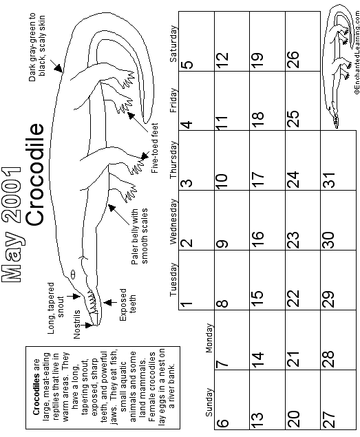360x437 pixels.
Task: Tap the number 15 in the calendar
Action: point(258,299)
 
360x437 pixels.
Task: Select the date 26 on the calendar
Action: point(294,60)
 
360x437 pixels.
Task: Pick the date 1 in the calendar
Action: point(187,303)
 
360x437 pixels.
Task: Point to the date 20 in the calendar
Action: point(294,418)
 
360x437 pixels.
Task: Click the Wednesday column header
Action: point(173,222)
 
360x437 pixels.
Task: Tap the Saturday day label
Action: point(173,44)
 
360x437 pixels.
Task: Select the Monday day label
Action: point(209,338)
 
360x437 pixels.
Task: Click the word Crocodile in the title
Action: point(35,175)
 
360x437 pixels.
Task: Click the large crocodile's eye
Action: point(73,275)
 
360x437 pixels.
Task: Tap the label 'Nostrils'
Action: point(76,324)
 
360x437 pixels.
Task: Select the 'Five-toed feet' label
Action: point(155,148)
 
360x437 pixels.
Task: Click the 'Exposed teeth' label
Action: point(128,304)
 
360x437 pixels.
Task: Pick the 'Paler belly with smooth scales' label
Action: point(139,236)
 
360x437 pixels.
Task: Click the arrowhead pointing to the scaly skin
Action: point(59,68)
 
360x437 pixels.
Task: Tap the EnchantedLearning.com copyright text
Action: point(357,52)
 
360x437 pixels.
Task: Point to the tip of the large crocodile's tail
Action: point(145,122)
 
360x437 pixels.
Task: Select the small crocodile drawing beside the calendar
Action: point(337,66)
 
